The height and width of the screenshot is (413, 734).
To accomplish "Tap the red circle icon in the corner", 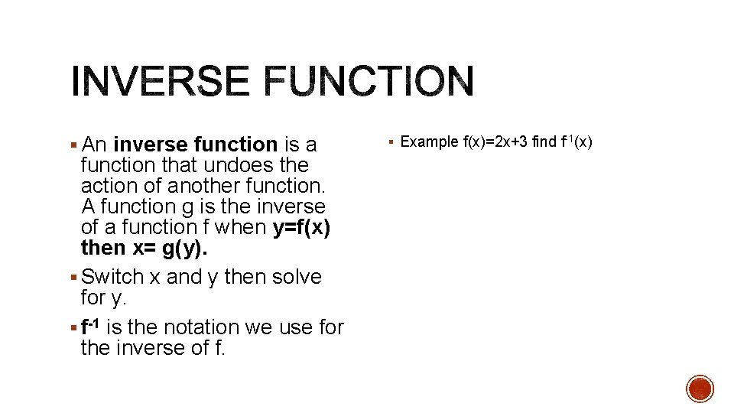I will (700, 389).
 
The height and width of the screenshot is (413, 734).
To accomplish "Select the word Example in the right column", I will (430, 141).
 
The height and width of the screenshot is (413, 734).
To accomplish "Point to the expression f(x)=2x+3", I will (495, 141).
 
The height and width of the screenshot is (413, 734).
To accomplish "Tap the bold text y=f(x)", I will (301, 227).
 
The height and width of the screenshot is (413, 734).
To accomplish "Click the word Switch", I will (112, 277).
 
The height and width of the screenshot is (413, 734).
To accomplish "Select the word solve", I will (294, 277).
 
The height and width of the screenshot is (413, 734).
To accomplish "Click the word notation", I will (197, 327).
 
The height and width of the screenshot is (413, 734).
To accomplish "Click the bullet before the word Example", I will (391, 142).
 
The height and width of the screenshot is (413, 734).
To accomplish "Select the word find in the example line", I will (545, 141).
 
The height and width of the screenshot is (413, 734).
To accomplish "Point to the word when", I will (241, 227).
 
